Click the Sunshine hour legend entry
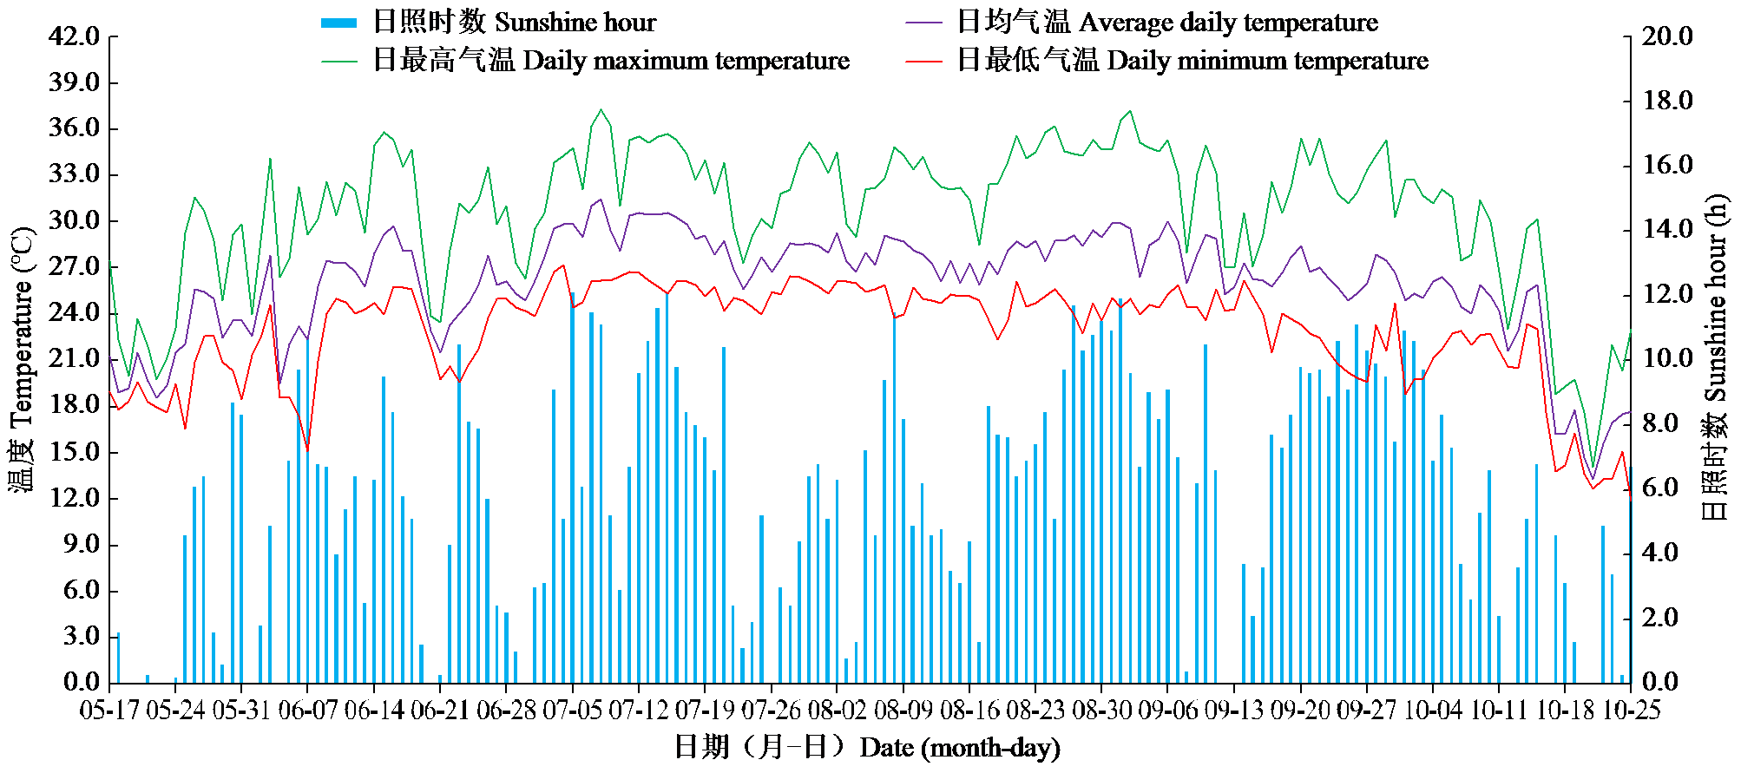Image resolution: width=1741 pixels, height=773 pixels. (488, 22)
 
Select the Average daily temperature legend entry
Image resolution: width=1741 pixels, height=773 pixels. (1141, 22)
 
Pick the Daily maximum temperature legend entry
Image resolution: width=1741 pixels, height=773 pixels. (585, 60)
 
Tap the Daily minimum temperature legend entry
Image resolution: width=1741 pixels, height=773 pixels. (1167, 60)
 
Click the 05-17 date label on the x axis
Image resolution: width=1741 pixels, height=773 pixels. (109, 710)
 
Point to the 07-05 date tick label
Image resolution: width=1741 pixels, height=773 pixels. (572, 710)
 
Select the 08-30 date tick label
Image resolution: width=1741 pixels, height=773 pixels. (1101, 710)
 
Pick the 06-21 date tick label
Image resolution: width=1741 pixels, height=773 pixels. (440, 710)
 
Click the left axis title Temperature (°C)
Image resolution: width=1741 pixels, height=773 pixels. (23, 359)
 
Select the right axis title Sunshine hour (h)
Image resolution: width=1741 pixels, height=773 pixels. (1716, 357)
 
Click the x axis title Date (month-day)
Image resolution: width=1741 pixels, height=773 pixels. (868, 747)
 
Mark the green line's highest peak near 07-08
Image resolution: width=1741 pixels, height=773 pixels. (601, 109)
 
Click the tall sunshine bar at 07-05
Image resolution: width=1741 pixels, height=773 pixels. (572, 486)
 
